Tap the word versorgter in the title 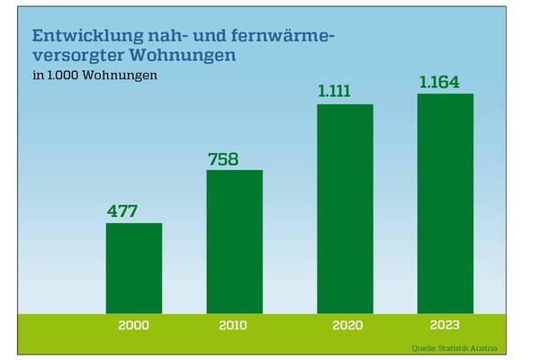tap(75, 56)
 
